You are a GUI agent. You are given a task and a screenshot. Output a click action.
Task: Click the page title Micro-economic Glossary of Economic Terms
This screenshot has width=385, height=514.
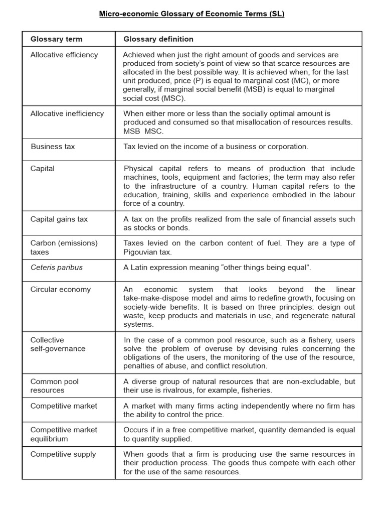tap(191, 14)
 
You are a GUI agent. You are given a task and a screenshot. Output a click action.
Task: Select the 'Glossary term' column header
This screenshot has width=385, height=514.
tap(56, 39)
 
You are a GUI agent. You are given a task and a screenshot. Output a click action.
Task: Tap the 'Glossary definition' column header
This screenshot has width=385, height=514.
tap(158, 39)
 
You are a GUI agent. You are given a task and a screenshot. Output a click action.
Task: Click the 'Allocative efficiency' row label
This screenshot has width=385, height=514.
tap(64, 55)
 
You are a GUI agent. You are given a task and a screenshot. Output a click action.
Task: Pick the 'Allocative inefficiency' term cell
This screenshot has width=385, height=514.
tap(67, 113)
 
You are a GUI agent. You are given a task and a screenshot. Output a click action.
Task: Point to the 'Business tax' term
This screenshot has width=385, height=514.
tap(53, 147)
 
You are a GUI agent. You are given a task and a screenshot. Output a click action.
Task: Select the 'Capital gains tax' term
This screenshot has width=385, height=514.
tap(59, 219)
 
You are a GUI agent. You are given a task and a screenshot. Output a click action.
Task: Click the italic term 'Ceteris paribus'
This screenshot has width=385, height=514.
tap(57, 267)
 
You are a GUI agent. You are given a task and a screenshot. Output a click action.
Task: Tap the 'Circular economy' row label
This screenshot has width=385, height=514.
tap(61, 289)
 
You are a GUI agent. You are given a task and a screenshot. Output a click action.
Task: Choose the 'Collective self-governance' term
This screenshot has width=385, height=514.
tap(58, 344)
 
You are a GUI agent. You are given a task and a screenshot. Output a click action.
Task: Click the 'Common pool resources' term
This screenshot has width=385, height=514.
tap(54, 385)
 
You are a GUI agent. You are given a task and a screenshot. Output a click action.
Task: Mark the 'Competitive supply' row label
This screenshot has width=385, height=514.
tap(63, 454)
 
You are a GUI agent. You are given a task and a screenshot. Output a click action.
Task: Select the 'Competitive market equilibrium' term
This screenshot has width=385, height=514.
tap(64, 434)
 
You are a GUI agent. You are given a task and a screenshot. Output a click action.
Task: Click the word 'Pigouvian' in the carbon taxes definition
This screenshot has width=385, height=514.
tap(140, 252)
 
